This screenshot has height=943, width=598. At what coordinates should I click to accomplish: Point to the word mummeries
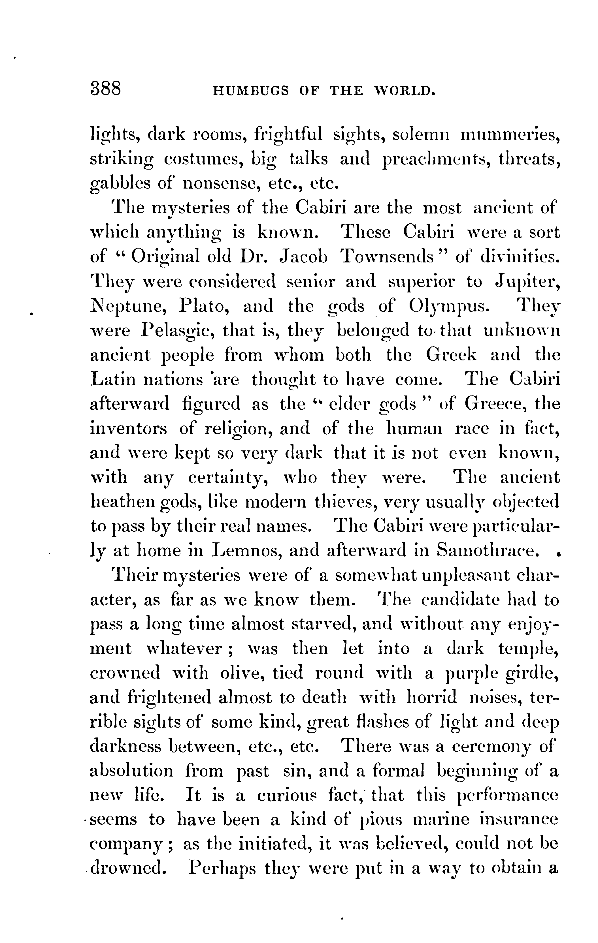tap(509, 135)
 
